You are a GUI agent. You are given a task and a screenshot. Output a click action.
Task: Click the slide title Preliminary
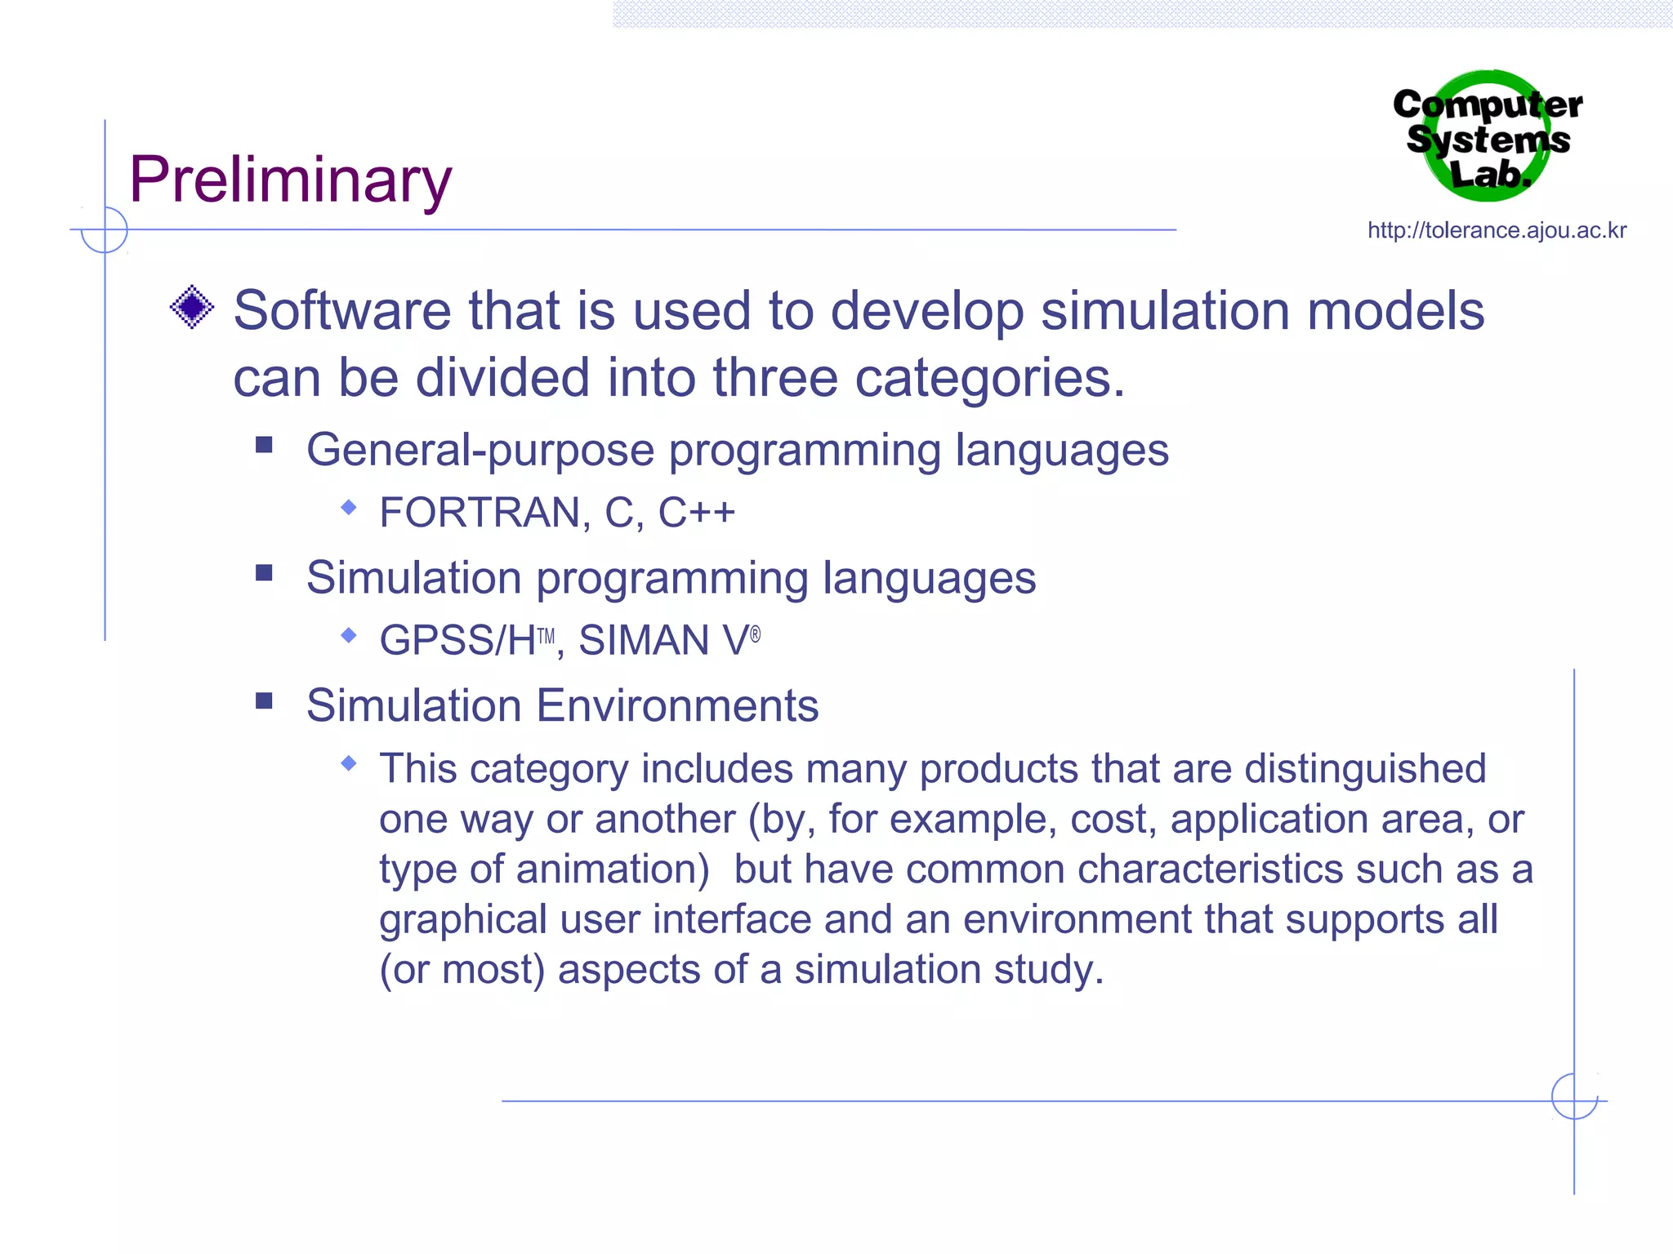(290, 180)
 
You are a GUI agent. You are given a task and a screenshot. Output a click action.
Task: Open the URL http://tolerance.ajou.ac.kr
(1497, 231)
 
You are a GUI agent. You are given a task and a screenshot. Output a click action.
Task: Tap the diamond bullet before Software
(192, 308)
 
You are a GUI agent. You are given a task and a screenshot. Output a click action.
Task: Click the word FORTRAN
(480, 514)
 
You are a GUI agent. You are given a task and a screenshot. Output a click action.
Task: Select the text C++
(696, 514)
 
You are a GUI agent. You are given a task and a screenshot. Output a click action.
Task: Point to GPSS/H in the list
(457, 641)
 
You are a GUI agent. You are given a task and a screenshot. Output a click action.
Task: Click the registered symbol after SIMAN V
(755, 634)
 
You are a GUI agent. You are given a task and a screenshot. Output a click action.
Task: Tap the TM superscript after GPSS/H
(546, 637)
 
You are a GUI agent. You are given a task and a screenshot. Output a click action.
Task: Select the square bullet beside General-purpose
(264, 445)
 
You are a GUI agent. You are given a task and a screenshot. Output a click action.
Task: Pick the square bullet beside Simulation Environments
(264, 701)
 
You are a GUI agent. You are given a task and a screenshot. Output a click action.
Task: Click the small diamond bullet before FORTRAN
(349, 508)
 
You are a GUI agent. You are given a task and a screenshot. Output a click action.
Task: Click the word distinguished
(1364, 769)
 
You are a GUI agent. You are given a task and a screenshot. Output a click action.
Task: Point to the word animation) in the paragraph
(613, 869)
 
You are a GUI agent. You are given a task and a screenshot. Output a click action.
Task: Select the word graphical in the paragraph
(463, 921)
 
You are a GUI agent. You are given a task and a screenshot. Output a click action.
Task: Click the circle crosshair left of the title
(105, 230)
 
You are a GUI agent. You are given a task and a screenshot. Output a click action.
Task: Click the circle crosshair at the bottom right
(1574, 1096)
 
